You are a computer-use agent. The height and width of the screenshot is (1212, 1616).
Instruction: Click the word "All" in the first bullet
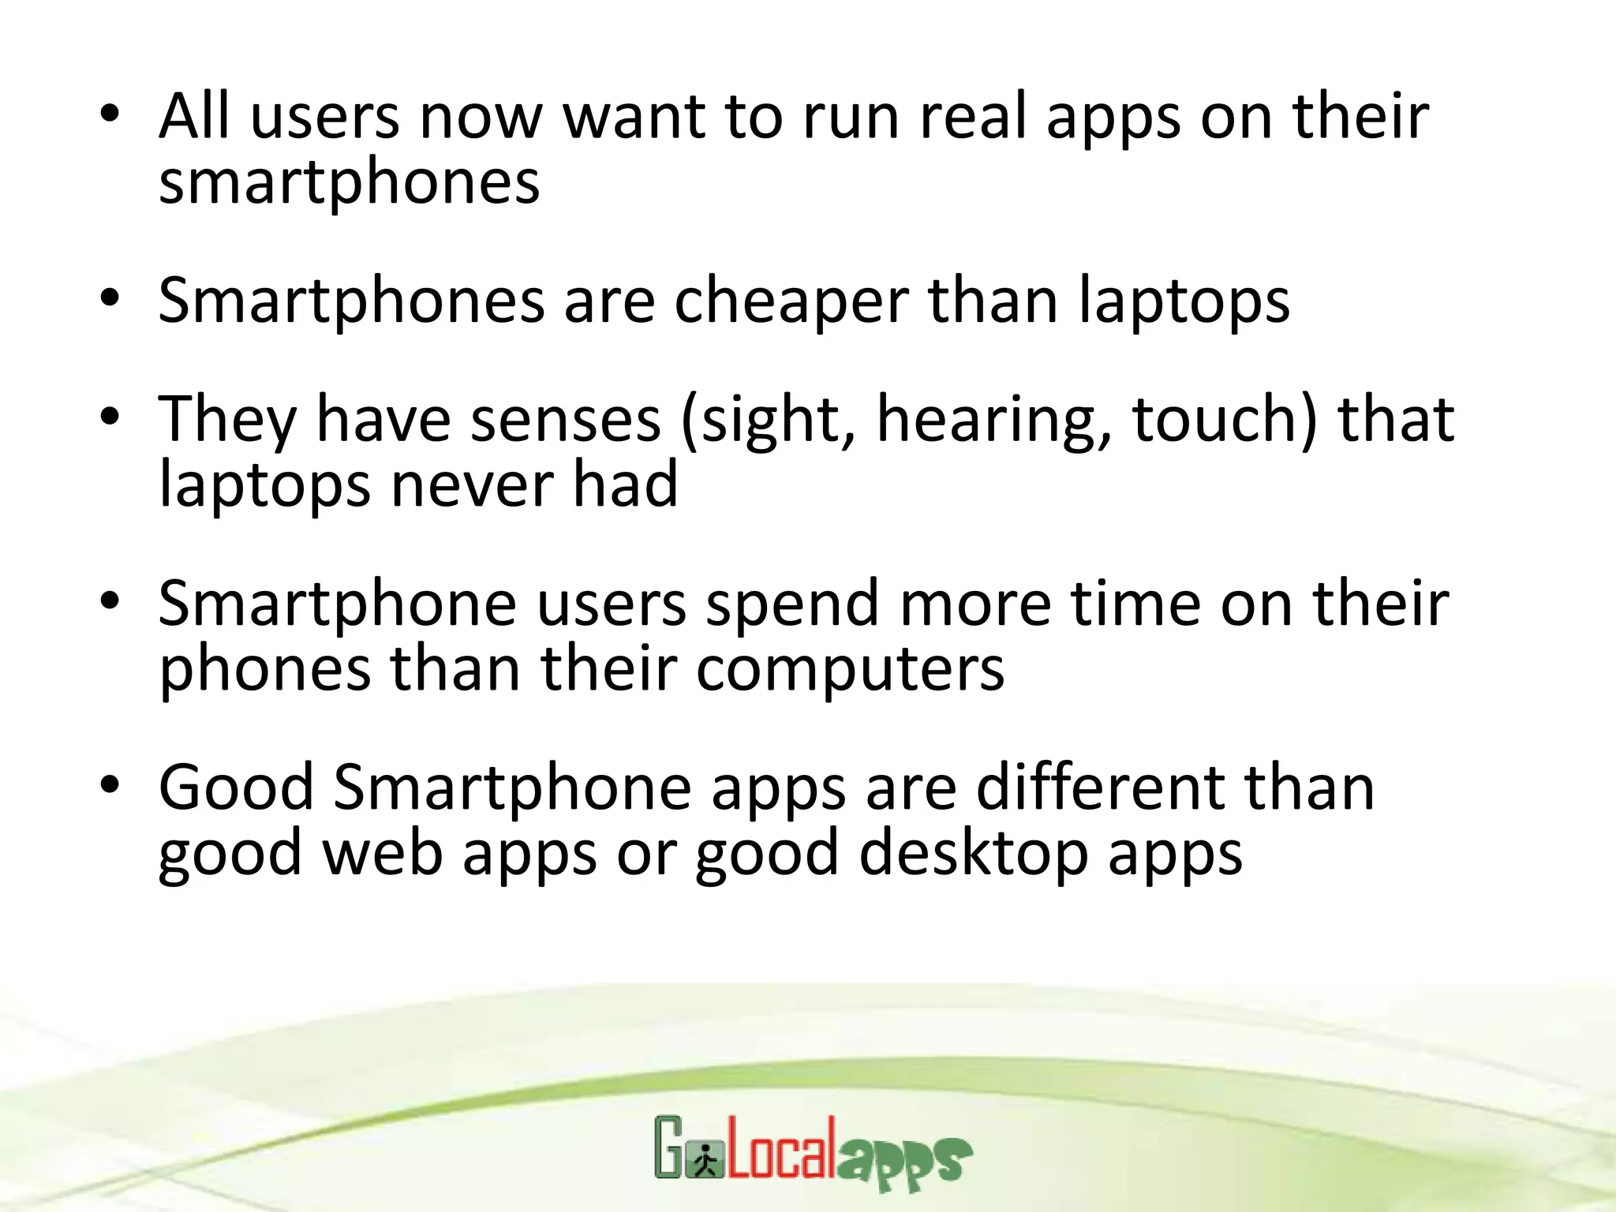(194, 117)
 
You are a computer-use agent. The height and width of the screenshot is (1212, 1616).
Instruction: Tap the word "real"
(973, 117)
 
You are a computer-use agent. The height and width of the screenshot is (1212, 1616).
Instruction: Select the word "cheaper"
(791, 301)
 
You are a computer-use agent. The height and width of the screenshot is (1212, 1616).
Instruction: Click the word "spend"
(792, 605)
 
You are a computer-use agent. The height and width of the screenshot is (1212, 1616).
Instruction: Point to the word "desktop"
(973, 854)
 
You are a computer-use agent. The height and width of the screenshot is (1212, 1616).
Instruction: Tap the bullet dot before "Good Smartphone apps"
(110, 785)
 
